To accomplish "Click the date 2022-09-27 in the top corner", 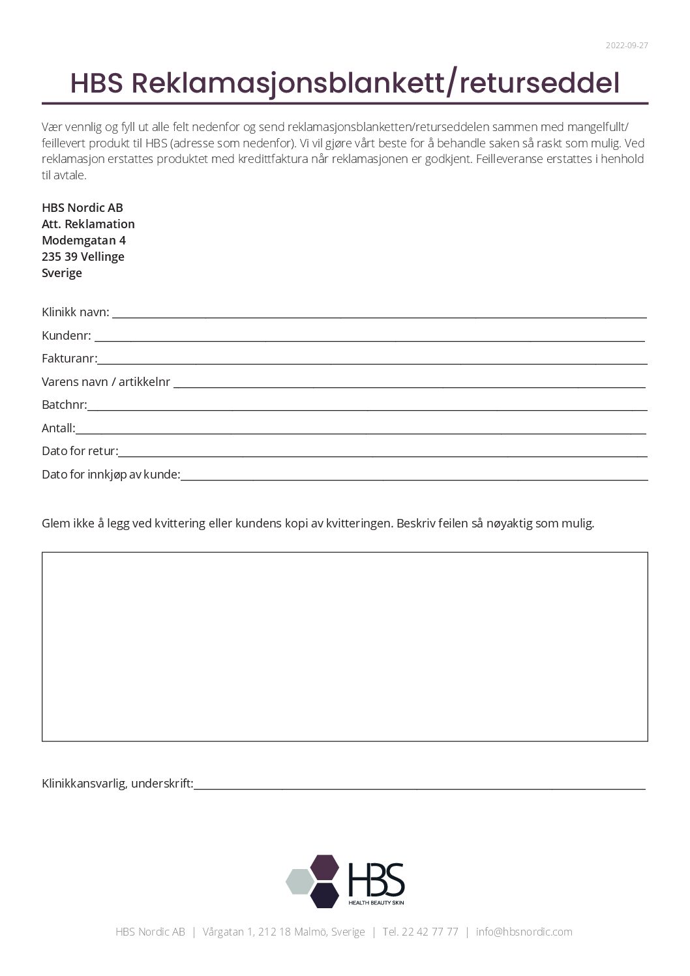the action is [626, 46].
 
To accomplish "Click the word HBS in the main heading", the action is [97, 83].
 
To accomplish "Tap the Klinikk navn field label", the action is [76, 312].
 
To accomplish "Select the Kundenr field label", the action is [67, 336].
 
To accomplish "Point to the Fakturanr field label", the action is [69, 359].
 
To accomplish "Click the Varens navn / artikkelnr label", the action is [106, 382].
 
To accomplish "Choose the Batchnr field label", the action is [64, 405].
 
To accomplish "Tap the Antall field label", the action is [58, 428].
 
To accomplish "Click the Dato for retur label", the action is [80, 451].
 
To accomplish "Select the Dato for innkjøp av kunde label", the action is [111, 475].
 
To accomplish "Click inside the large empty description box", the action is [344, 646].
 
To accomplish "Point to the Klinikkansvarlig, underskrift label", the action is [117, 784].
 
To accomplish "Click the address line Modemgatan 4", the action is [83, 241].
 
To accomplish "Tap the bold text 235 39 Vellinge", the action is [83, 257].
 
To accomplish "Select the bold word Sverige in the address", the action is [62, 273].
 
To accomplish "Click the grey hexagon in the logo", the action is [301, 881].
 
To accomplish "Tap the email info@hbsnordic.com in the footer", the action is [524, 932].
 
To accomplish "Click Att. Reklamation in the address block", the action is [88, 224].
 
